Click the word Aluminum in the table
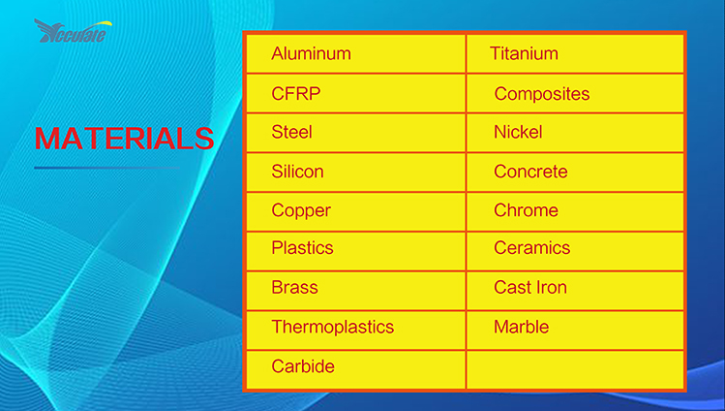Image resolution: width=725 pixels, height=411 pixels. [x=311, y=53]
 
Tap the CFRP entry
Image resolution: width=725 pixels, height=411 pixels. [x=296, y=93]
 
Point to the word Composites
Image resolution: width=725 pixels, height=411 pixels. [x=542, y=94]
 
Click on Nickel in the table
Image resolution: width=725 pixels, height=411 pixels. [x=518, y=132]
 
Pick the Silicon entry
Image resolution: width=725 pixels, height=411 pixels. [x=297, y=172]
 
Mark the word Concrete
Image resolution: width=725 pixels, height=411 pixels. [x=530, y=172]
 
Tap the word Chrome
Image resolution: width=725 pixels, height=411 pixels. [x=526, y=210]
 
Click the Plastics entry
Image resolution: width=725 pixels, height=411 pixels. [x=302, y=247]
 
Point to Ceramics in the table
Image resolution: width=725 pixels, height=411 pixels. [x=531, y=247]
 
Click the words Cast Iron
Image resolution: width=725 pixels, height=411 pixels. [x=529, y=288]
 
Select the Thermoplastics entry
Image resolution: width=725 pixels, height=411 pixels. [x=332, y=327]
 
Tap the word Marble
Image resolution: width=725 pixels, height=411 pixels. [x=521, y=327]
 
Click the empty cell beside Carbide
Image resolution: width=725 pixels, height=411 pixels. [x=575, y=370]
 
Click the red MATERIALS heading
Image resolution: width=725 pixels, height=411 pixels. [x=124, y=138]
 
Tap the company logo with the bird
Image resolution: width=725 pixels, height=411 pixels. [x=73, y=31]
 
